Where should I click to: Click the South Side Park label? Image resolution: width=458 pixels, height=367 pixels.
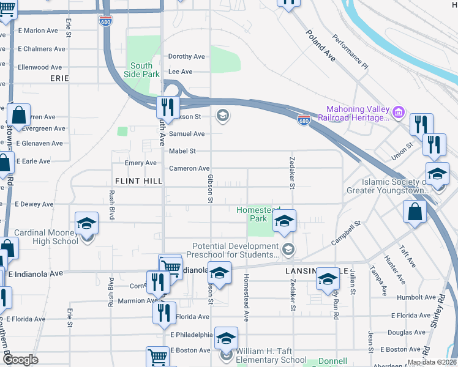[x=141, y=70]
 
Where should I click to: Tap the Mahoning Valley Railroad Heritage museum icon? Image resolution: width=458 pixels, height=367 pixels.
[x=399, y=112]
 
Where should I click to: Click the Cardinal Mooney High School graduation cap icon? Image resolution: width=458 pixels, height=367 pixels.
[x=87, y=224]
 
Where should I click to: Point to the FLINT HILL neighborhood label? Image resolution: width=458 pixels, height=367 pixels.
[x=138, y=182]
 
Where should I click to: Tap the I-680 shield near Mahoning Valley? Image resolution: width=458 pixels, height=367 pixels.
[x=304, y=119]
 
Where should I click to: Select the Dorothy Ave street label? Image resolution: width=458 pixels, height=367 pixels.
[x=186, y=57]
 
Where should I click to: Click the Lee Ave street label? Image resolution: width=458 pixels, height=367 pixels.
[x=180, y=72]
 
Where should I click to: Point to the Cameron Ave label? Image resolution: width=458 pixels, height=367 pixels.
[x=189, y=168]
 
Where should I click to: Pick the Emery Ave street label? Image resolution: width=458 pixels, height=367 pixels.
[x=141, y=163]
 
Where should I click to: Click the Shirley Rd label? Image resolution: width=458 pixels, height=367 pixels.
[x=437, y=312]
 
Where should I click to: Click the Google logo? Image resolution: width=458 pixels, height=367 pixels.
[x=20, y=360]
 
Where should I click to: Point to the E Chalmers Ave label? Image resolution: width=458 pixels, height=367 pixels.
[x=41, y=49]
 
